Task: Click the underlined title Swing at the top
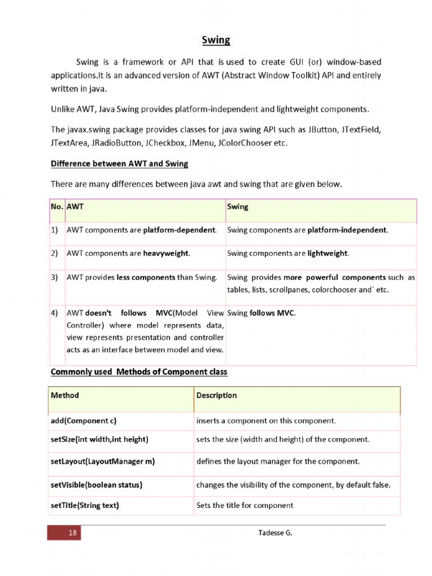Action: tap(216, 40)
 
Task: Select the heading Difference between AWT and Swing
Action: tap(119, 164)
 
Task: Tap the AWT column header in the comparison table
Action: tap(75, 206)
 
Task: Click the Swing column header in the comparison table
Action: tap(237, 206)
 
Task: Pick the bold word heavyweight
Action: tap(166, 254)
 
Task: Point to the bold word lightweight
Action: tap(327, 254)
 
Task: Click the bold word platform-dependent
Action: tap(179, 230)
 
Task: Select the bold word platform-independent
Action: tap(347, 230)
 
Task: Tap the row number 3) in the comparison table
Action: tap(55, 277)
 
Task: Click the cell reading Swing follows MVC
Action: tap(261, 313)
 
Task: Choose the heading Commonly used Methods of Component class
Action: tap(139, 372)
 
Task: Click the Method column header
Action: tap(65, 395)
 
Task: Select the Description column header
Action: tap(217, 395)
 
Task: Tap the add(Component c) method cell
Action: tap(84, 421)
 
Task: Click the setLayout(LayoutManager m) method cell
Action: tap(103, 461)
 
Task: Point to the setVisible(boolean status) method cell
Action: tap(96, 484)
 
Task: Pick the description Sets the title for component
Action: tap(245, 505)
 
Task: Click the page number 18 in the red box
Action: tap(72, 533)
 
